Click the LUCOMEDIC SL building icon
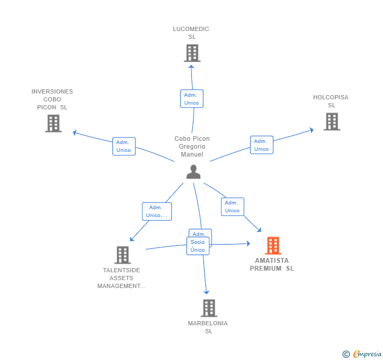(x=192, y=53)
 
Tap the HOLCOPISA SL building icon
(x=331, y=121)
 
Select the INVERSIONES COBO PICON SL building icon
(x=53, y=124)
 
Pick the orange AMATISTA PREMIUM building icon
(x=273, y=245)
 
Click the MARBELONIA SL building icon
(x=209, y=308)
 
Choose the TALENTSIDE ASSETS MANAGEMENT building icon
(x=123, y=255)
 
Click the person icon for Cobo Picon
(x=193, y=172)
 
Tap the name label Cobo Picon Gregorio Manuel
(x=192, y=147)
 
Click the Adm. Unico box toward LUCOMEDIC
(x=191, y=99)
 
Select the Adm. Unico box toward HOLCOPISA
(x=261, y=145)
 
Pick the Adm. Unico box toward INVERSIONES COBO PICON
(x=124, y=146)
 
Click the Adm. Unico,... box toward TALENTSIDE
(x=156, y=211)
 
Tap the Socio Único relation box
(x=198, y=246)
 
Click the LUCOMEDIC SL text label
(x=191, y=33)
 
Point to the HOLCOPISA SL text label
(x=331, y=101)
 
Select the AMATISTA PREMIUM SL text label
(x=272, y=264)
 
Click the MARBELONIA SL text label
(x=208, y=327)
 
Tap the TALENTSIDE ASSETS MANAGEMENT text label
(x=122, y=278)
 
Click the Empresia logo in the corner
(x=362, y=354)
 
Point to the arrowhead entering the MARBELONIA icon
(x=207, y=292)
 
